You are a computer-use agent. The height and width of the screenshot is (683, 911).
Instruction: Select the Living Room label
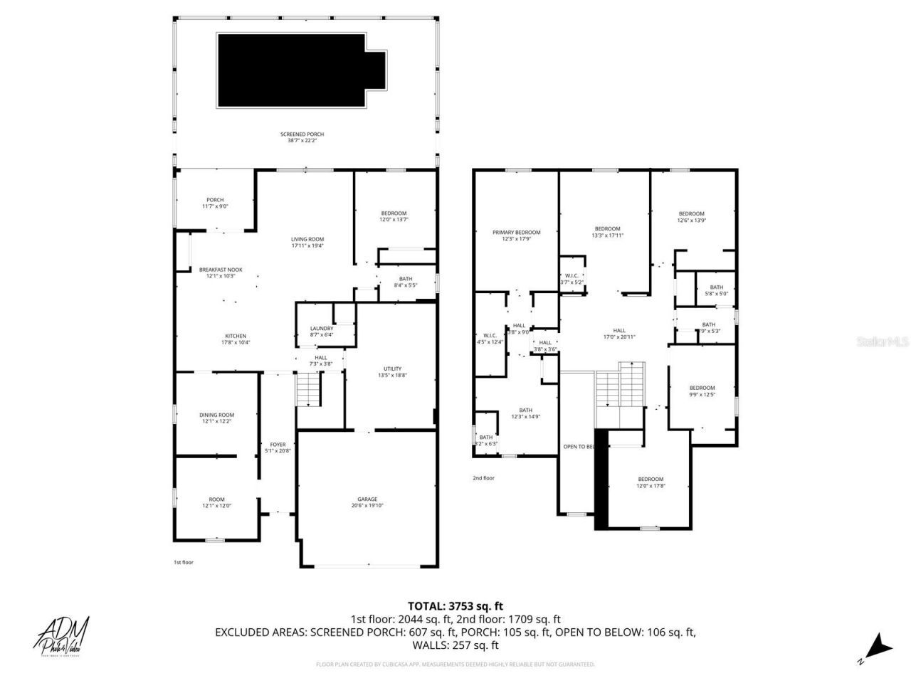click(x=307, y=243)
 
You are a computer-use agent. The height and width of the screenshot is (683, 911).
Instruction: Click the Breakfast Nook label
click(x=221, y=272)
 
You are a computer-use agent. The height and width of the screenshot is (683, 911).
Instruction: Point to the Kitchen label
click(x=236, y=339)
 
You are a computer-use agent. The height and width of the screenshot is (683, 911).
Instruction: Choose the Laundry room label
click(x=321, y=331)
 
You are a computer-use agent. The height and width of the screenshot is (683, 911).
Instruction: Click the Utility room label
click(x=392, y=371)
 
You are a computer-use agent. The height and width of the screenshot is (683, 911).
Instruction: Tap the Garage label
click(x=367, y=502)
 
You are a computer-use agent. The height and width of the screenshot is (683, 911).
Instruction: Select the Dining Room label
click(x=216, y=418)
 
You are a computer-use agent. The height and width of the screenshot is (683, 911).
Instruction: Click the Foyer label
click(x=278, y=448)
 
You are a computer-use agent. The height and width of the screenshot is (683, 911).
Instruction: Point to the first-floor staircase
click(x=308, y=390)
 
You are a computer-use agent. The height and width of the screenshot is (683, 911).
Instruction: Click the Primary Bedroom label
click(x=517, y=235)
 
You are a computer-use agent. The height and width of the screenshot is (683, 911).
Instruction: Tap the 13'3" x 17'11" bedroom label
click(x=607, y=232)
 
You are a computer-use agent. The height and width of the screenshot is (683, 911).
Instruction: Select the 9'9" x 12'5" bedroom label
click(x=702, y=391)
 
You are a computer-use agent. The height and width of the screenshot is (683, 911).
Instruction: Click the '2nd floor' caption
click(x=483, y=478)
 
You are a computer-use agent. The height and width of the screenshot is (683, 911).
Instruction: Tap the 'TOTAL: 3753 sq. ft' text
click(x=455, y=606)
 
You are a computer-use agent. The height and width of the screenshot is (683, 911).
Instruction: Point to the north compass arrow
click(x=878, y=647)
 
